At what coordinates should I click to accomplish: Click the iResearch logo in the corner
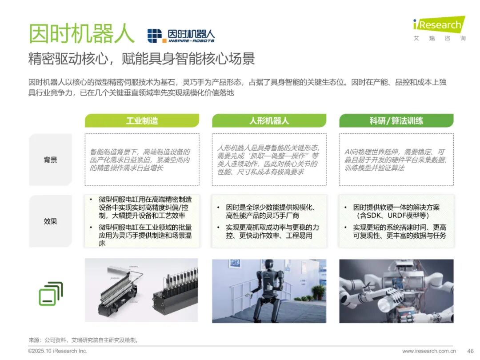click(x=439, y=28)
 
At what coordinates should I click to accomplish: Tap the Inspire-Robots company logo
click(x=181, y=36)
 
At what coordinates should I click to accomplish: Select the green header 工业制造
click(x=142, y=120)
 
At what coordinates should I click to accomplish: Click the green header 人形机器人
click(x=269, y=120)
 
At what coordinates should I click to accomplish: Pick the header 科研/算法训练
click(x=396, y=120)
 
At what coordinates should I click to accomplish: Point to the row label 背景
click(x=51, y=160)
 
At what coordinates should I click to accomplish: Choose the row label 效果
click(x=51, y=221)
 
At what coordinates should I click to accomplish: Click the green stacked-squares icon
click(x=51, y=294)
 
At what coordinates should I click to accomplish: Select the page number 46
click(x=470, y=351)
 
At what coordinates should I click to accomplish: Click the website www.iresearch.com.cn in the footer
click(x=429, y=351)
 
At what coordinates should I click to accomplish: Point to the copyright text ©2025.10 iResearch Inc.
click(x=57, y=351)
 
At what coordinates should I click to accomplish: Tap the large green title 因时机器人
click(x=81, y=33)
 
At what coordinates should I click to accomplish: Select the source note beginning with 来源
click(x=84, y=340)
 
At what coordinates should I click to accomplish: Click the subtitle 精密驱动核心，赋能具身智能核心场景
click(x=141, y=59)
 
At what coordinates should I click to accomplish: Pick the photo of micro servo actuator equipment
click(x=141, y=290)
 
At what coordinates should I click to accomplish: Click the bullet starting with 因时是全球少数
click(x=271, y=212)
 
